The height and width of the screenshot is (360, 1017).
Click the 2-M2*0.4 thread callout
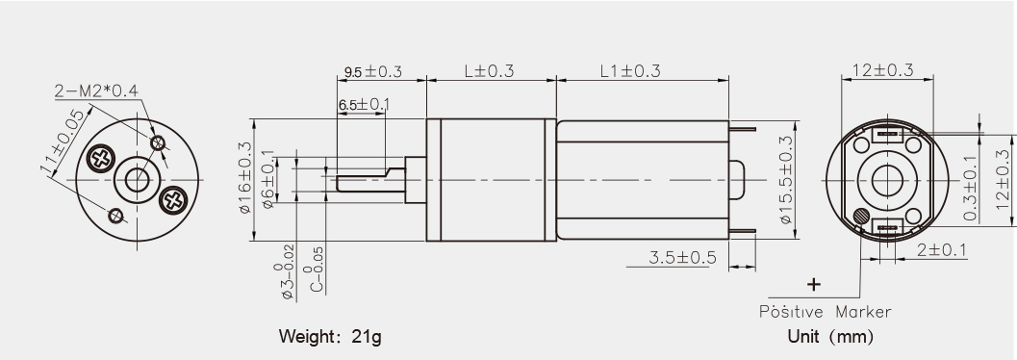96,91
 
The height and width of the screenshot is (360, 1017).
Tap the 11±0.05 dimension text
64,142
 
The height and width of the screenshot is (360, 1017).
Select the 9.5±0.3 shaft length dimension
373,71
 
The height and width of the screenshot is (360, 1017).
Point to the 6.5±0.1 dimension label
365,104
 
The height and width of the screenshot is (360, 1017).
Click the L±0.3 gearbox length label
489,70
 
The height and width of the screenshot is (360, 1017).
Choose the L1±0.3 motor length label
630,70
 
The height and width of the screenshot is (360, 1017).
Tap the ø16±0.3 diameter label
245,177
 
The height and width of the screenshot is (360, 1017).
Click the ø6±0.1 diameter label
268,180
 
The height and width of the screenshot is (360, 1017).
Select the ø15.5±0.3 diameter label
786,180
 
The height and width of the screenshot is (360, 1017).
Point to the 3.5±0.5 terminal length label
682,258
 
